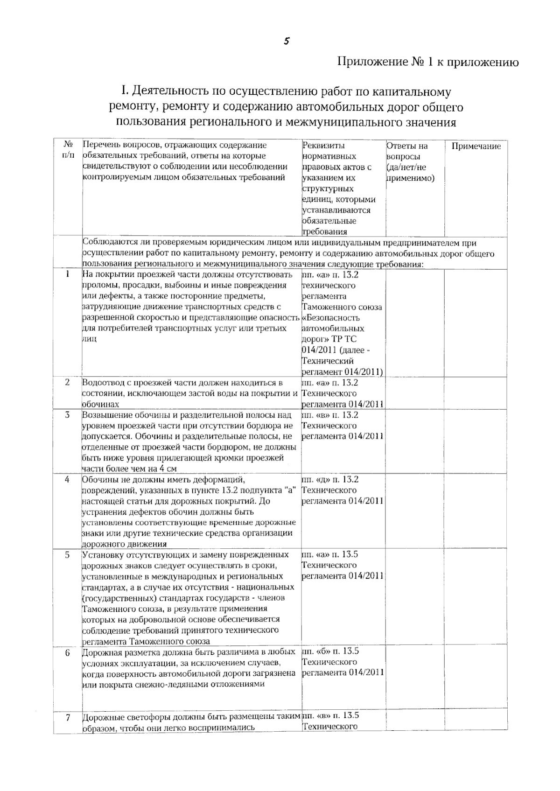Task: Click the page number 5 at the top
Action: [x=287, y=41]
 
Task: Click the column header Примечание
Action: [x=476, y=146]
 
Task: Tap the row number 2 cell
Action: [x=68, y=382]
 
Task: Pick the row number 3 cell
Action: [x=68, y=414]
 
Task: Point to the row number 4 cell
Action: [x=68, y=479]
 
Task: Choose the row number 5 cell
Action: [x=68, y=554]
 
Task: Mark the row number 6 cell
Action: [x=68, y=652]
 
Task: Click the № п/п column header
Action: [x=68, y=149]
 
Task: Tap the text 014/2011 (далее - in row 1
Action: [x=336, y=350]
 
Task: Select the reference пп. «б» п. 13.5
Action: [x=330, y=651]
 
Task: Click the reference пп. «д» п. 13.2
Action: [x=330, y=479]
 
